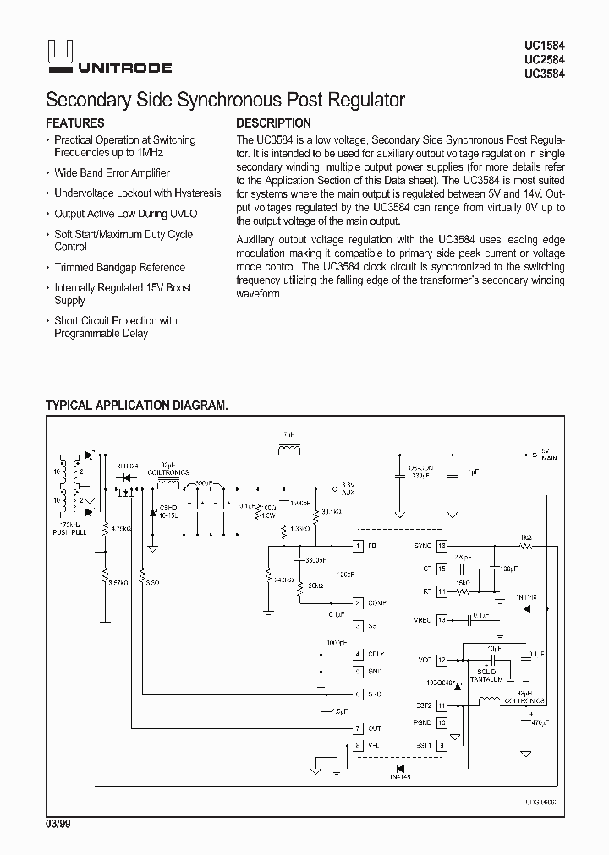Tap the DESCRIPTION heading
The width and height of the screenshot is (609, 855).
tap(273, 123)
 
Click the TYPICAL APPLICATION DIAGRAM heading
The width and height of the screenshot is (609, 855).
tap(136, 406)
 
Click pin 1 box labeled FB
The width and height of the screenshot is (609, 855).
tap(359, 547)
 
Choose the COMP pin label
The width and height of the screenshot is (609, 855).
tap(376, 603)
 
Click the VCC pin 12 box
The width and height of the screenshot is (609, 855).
tap(441, 659)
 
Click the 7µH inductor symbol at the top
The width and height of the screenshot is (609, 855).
tap(289, 449)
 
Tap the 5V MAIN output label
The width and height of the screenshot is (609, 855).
tap(550, 454)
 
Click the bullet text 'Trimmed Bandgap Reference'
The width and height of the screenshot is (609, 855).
tap(119, 267)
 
